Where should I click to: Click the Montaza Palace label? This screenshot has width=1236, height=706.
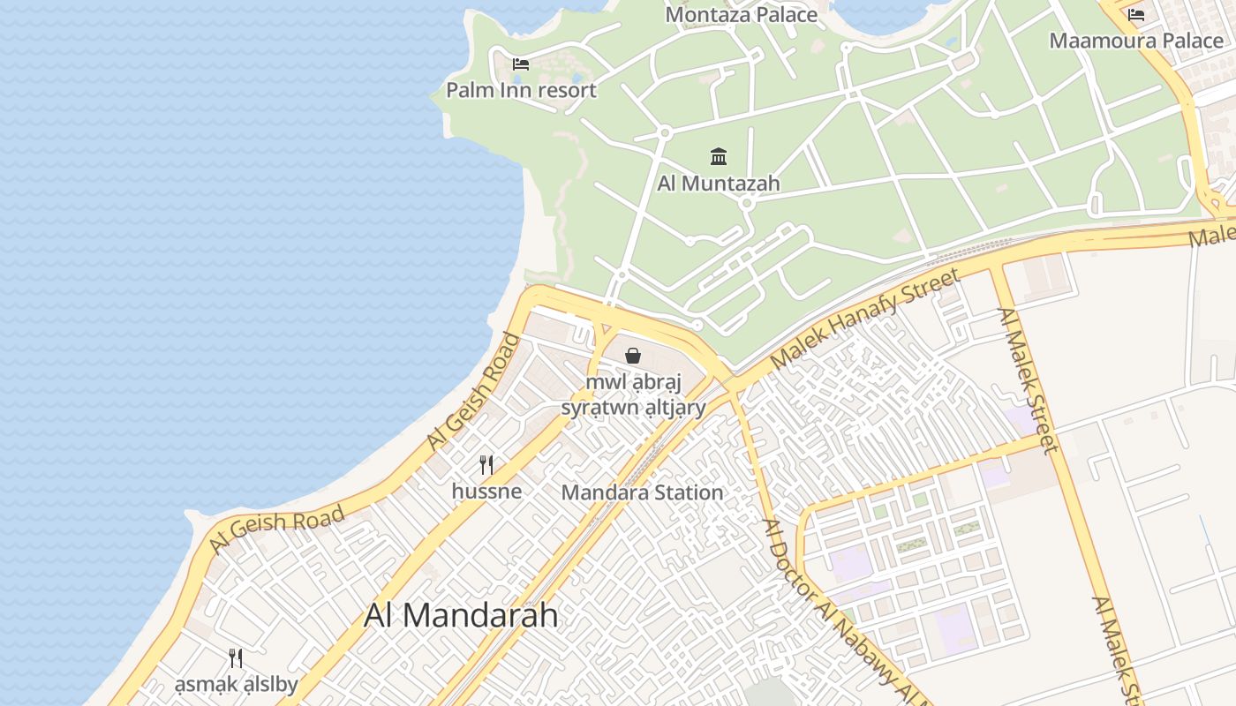[x=741, y=14]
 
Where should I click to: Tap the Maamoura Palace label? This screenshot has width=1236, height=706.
[x=1135, y=41]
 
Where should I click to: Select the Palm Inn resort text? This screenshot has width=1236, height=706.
[x=521, y=90]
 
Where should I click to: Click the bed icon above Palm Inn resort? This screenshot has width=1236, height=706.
[x=521, y=64]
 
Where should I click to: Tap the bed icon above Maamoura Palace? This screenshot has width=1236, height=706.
[x=1136, y=15]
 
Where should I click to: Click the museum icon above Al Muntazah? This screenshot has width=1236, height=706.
[x=719, y=157]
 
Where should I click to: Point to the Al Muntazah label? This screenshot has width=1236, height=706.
[x=719, y=184]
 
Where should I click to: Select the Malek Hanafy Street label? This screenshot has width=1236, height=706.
[x=864, y=320]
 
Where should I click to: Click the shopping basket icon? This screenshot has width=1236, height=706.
[x=633, y=357]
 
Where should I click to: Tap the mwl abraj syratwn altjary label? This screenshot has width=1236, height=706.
[x=634, y=395]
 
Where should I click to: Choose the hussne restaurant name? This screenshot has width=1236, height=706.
[x=486, y=491]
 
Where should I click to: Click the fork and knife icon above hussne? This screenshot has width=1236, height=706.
[x=486, y=464]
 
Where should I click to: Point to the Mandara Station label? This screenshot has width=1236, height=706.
[x=642, y=492]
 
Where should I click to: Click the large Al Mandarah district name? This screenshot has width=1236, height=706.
[x=461, y=615]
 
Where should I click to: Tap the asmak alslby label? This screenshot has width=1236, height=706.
[x=236, y=684]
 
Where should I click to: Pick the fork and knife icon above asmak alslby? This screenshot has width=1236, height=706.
[x=236, y=658]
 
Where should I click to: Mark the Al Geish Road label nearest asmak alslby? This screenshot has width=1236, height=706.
[x=276, y=530]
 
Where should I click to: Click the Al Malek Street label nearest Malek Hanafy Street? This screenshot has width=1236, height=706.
[x=1028, y=380]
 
